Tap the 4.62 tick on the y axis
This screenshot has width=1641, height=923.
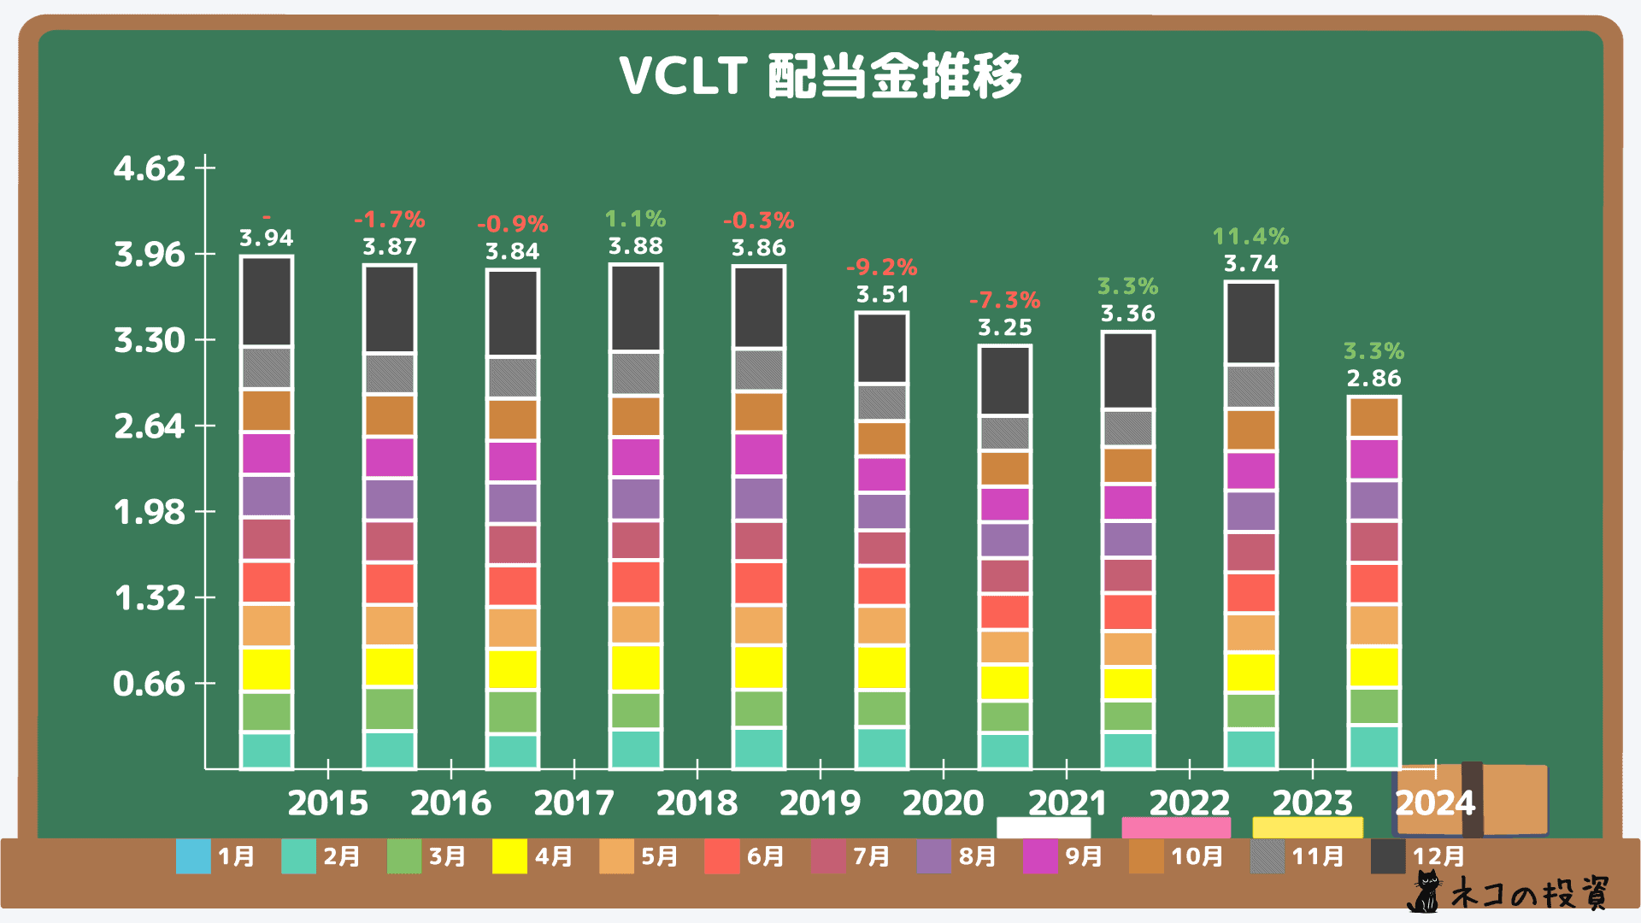(x=150, y=168)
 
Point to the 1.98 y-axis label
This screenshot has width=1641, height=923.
(x=150, y=512)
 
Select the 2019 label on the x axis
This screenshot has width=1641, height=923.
(x=820, y=802)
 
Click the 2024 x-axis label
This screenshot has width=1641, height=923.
(x=1435, y=802)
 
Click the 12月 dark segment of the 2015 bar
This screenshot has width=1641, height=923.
(x=267, y=301)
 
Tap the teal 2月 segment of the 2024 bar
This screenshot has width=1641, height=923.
(x=1373, y=747)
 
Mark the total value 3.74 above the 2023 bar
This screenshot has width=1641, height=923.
(x=1250, y=263)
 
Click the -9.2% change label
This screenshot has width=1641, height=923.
(x=882, y=267)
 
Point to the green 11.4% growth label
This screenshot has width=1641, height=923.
(x=1250, y=236)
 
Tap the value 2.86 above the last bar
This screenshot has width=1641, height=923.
(x=1373, y=378)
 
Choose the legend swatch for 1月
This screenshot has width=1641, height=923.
(x=193, y=856)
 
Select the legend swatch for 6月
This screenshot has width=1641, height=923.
(x=722, y=856)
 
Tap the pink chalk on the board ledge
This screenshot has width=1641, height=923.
(x=1176, y=827)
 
